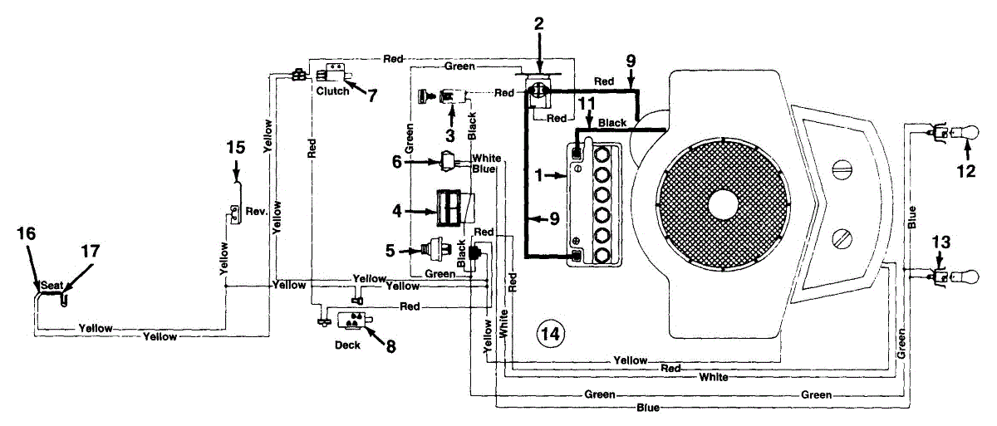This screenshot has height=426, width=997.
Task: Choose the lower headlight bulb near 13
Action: click(x=960, y=276)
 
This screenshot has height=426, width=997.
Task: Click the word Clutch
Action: click(x=332, y=91)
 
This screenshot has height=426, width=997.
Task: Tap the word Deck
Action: click(x=348, y=345)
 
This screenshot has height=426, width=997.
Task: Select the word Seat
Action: click(x=52, y=285)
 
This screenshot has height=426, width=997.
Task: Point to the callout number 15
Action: click(x=235, y=147)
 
